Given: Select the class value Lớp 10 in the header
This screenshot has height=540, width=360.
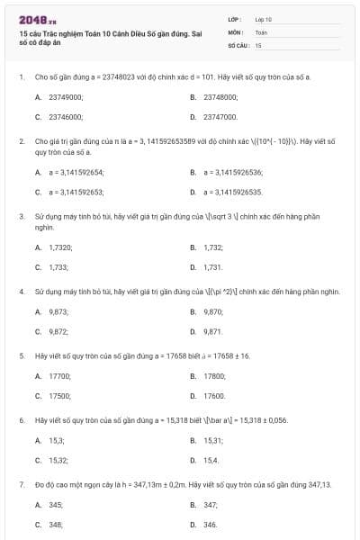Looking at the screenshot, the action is [264, 18].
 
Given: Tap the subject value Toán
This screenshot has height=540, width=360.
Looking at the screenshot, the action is [261, 31].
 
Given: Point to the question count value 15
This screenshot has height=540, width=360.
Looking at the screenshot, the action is [258, 44].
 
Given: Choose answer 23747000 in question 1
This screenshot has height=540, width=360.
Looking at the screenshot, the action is [220, 117].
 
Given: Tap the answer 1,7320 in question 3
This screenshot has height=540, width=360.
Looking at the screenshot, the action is [60, 247].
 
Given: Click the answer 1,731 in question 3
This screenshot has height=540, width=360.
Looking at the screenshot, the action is [213, 267].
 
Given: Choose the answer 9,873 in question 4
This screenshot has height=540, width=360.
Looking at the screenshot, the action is [58, 311].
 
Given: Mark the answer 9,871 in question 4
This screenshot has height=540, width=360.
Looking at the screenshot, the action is [213, 332].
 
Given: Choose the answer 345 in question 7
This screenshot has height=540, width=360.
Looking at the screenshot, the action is [56, 504].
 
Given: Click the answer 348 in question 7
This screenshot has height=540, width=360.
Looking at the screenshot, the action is [56, 525].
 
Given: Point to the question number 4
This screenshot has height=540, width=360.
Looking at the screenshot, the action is [21, 292].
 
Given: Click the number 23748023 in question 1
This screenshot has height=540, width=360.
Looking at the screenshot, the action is [106, 77].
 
